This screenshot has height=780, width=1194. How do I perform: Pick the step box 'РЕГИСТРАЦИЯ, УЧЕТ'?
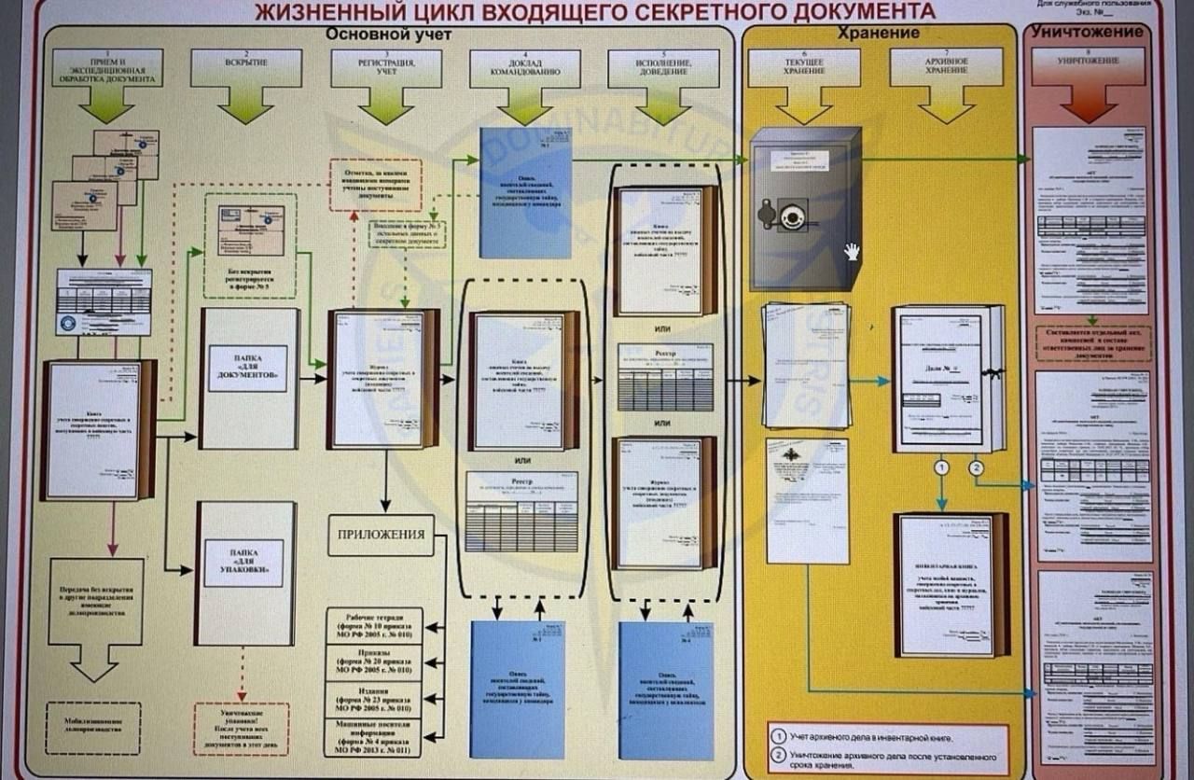tap(386, 64)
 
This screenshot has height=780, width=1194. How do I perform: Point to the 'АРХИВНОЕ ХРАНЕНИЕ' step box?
tap(946, 65)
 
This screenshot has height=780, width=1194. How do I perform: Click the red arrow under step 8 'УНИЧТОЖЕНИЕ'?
tap(1088, 105)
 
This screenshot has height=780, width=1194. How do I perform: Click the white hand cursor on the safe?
tap(852, 251)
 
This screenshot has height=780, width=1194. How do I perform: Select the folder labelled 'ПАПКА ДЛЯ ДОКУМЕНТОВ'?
tap(248, 377)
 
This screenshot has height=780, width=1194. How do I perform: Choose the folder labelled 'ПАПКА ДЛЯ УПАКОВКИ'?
tap(245, 571)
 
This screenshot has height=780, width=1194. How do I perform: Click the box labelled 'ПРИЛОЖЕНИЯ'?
tap(381, 536)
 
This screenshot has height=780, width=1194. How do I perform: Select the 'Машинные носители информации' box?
tap(375, 737)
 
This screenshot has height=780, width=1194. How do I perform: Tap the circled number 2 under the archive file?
tap(977, 467)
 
